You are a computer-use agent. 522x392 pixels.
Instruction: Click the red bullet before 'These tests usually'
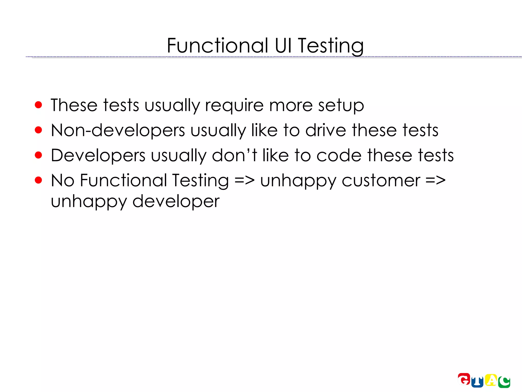pos(38,105)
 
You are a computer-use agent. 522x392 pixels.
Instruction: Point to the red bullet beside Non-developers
pos(38,130)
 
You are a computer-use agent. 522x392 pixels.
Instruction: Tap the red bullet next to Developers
pos(38,155)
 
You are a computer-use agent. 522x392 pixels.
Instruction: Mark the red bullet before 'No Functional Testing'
pos(38,180)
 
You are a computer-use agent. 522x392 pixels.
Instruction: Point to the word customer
pos(381,181)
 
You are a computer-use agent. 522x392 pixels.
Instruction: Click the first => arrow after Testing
pos(244,180)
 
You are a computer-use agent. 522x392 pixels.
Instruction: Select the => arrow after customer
pos(435,180)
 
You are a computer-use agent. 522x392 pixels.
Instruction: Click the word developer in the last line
pos(176,201)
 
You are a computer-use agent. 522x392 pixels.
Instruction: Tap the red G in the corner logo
pos(464,379)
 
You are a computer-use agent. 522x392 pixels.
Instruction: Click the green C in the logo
pos(504,382)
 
